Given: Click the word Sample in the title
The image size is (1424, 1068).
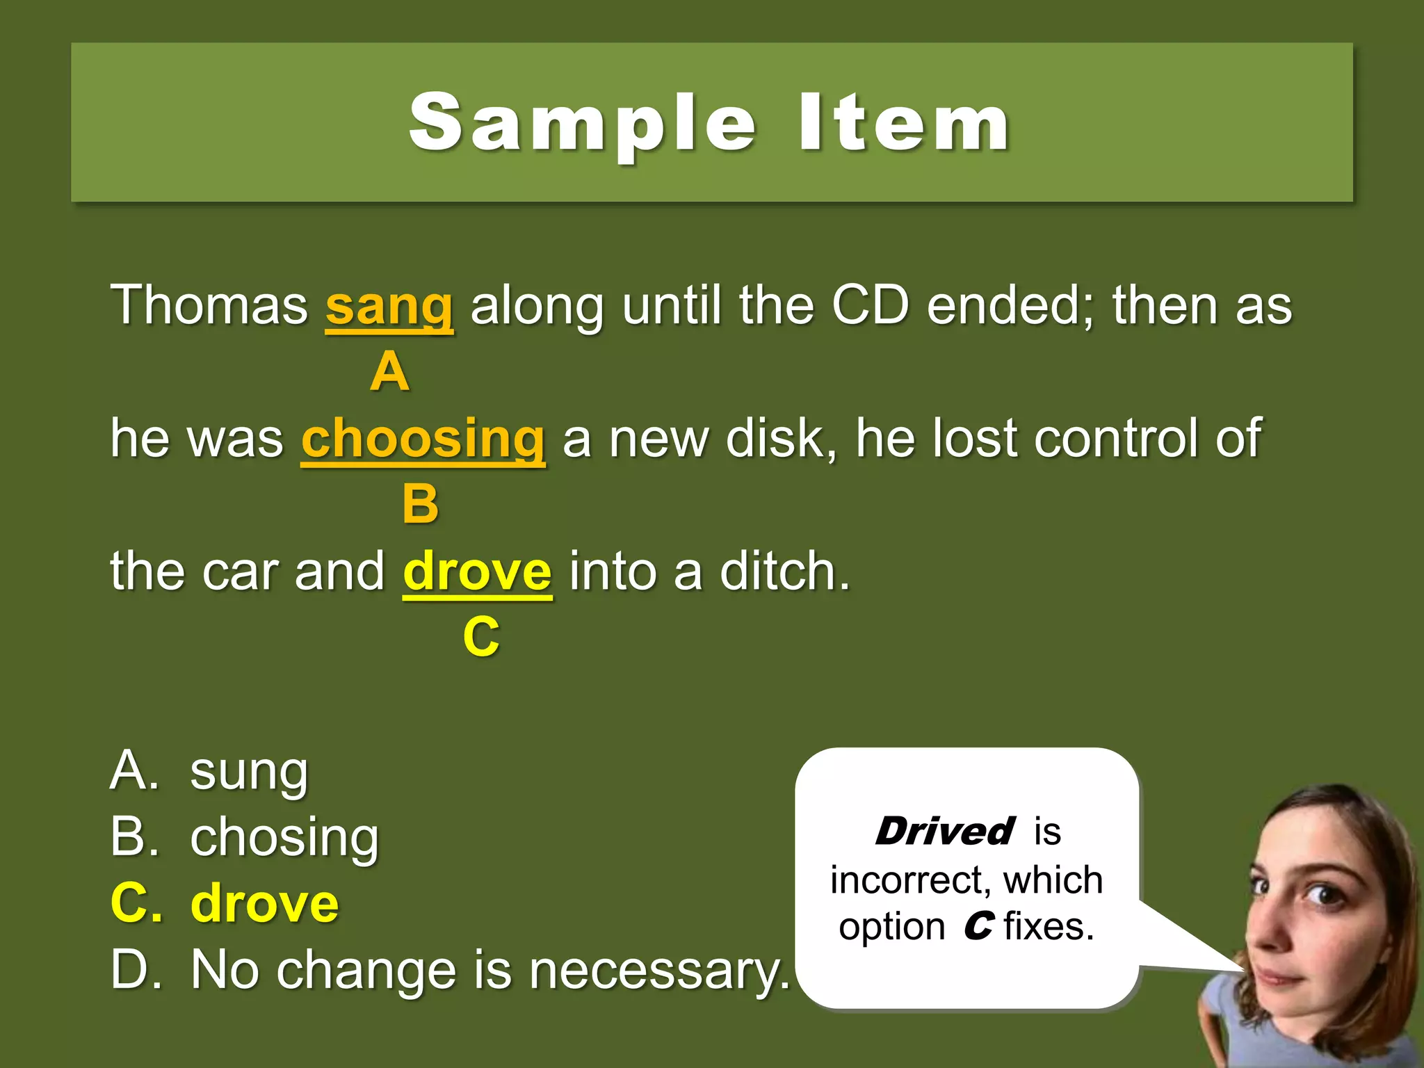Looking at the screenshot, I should click(583, 124).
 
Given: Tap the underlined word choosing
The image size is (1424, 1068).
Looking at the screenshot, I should click(423, 439).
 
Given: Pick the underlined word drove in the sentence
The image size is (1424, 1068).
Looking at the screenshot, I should click(477, 572).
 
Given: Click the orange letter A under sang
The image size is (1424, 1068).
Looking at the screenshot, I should click(389, 372).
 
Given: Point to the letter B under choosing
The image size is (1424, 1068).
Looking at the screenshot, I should click(421, 504).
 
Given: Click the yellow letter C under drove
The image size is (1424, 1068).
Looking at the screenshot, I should click(481, 637).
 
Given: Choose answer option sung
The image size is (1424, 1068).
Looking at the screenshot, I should click(249, 772).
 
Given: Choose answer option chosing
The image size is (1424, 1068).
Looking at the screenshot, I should click(284, 838).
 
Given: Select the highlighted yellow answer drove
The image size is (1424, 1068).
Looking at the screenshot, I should click(264, 904).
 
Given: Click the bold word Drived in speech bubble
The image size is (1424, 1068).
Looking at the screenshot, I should click(944, 832).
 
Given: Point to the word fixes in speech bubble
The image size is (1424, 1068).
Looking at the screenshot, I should click(1049, 927).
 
